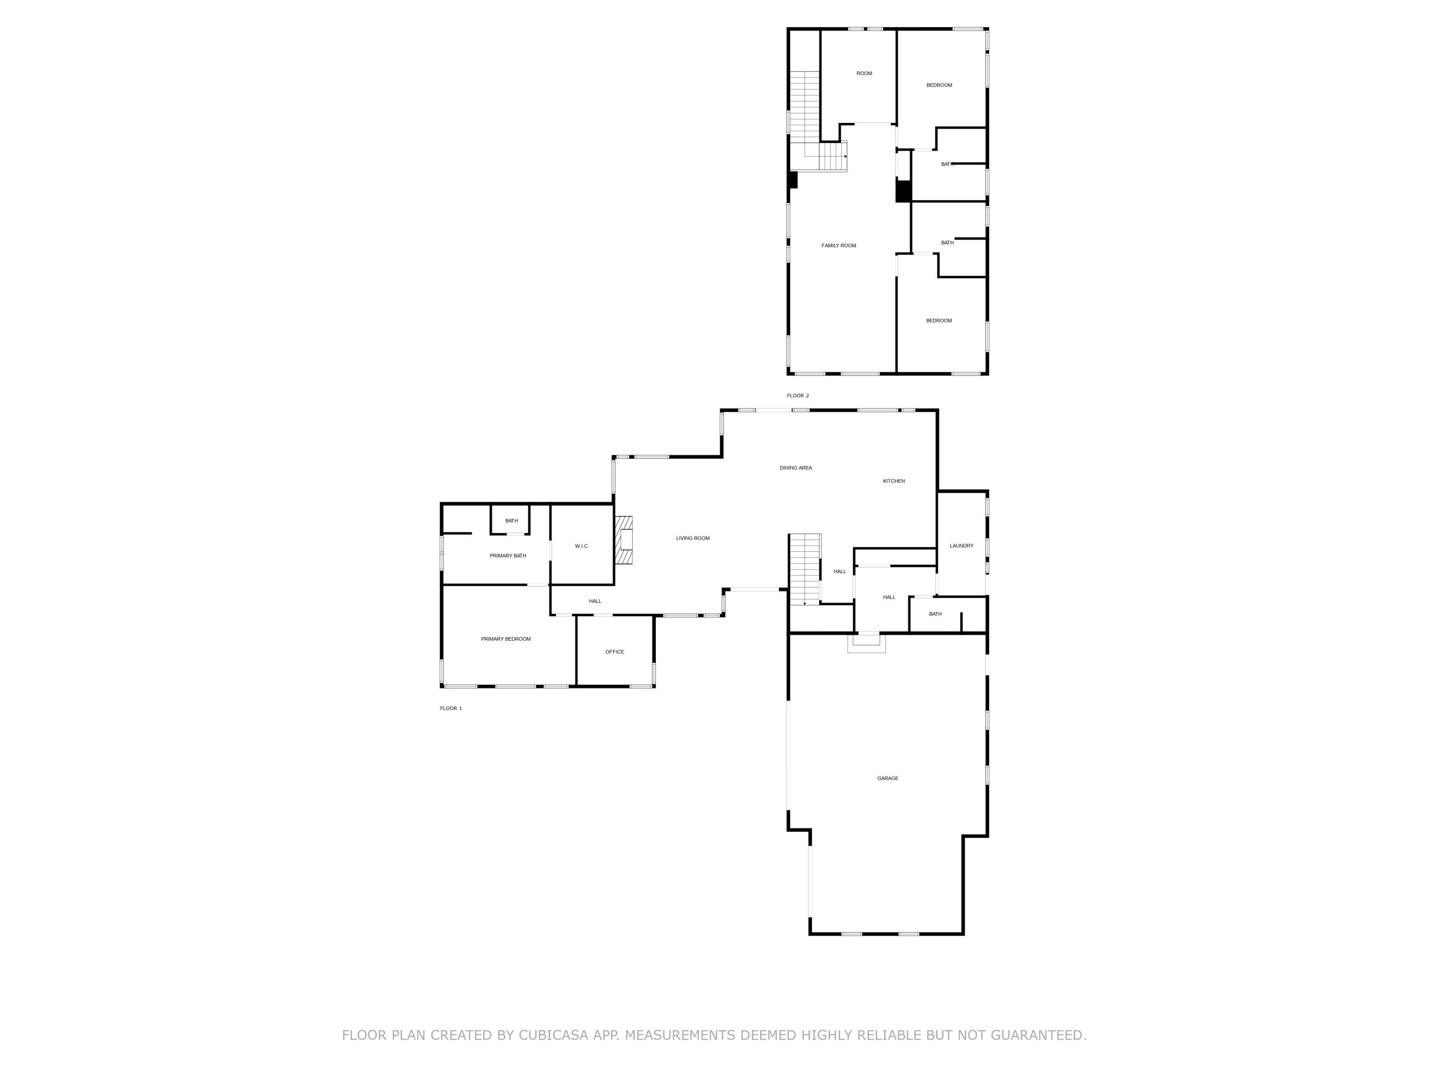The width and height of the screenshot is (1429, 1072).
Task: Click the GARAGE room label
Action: (887, 778)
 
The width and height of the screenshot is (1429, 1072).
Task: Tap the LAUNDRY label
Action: (961, 546)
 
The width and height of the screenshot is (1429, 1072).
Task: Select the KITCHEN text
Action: (894, 481)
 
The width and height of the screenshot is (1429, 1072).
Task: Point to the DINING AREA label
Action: (795, 467)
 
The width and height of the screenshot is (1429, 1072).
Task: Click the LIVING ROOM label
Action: (693, 537)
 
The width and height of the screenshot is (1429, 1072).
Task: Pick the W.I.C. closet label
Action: (582, 546)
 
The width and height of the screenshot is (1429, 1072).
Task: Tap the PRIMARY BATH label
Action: (507, 556)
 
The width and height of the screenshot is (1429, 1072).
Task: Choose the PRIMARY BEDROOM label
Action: (505, 638)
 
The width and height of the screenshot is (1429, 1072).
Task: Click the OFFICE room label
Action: (614, 651)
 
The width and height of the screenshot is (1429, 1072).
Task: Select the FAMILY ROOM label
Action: (838, 245)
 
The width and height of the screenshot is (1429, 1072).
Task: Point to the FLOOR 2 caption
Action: (797, 395)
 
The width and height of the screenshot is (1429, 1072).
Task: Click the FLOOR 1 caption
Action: (451, 708)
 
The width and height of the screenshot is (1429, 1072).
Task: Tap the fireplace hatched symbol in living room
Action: (624, 539)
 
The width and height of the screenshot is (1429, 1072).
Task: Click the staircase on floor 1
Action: (805, 568)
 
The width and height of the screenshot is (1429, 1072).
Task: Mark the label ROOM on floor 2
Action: (864, 73)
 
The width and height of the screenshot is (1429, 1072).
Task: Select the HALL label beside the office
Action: (594, 601)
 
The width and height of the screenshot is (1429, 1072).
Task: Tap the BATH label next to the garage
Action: (935, 614)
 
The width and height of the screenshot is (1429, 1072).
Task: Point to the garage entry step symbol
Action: (866, 643)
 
